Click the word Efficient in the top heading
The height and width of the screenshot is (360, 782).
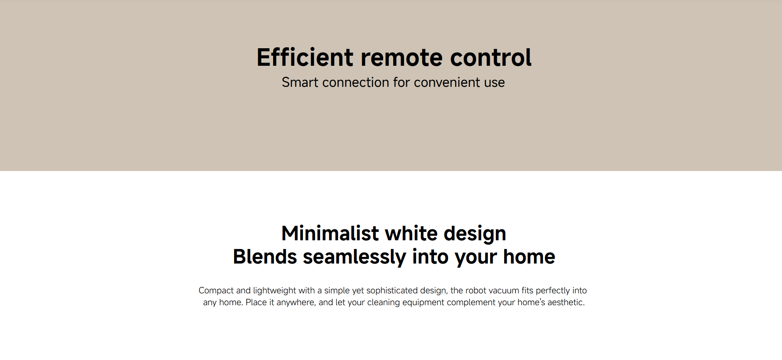[305, 57]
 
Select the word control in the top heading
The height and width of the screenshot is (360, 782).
[491, 57]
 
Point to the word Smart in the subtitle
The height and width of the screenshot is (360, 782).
[300, 82]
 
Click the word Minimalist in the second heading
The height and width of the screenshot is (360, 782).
[330, 233]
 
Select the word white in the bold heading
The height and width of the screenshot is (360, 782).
[412, 233]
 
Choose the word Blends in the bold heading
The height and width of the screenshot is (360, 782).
[265, 257]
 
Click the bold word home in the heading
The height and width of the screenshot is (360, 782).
[529, 257]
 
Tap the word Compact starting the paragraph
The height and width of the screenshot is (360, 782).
[216, 291]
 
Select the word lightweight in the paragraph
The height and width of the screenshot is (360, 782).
[275, 291]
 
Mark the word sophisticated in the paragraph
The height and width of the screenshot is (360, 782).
[392, 291]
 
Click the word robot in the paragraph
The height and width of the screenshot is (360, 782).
[476, 290]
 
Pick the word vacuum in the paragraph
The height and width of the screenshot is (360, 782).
[504, 291]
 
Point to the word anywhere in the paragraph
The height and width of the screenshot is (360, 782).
[296, 303]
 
